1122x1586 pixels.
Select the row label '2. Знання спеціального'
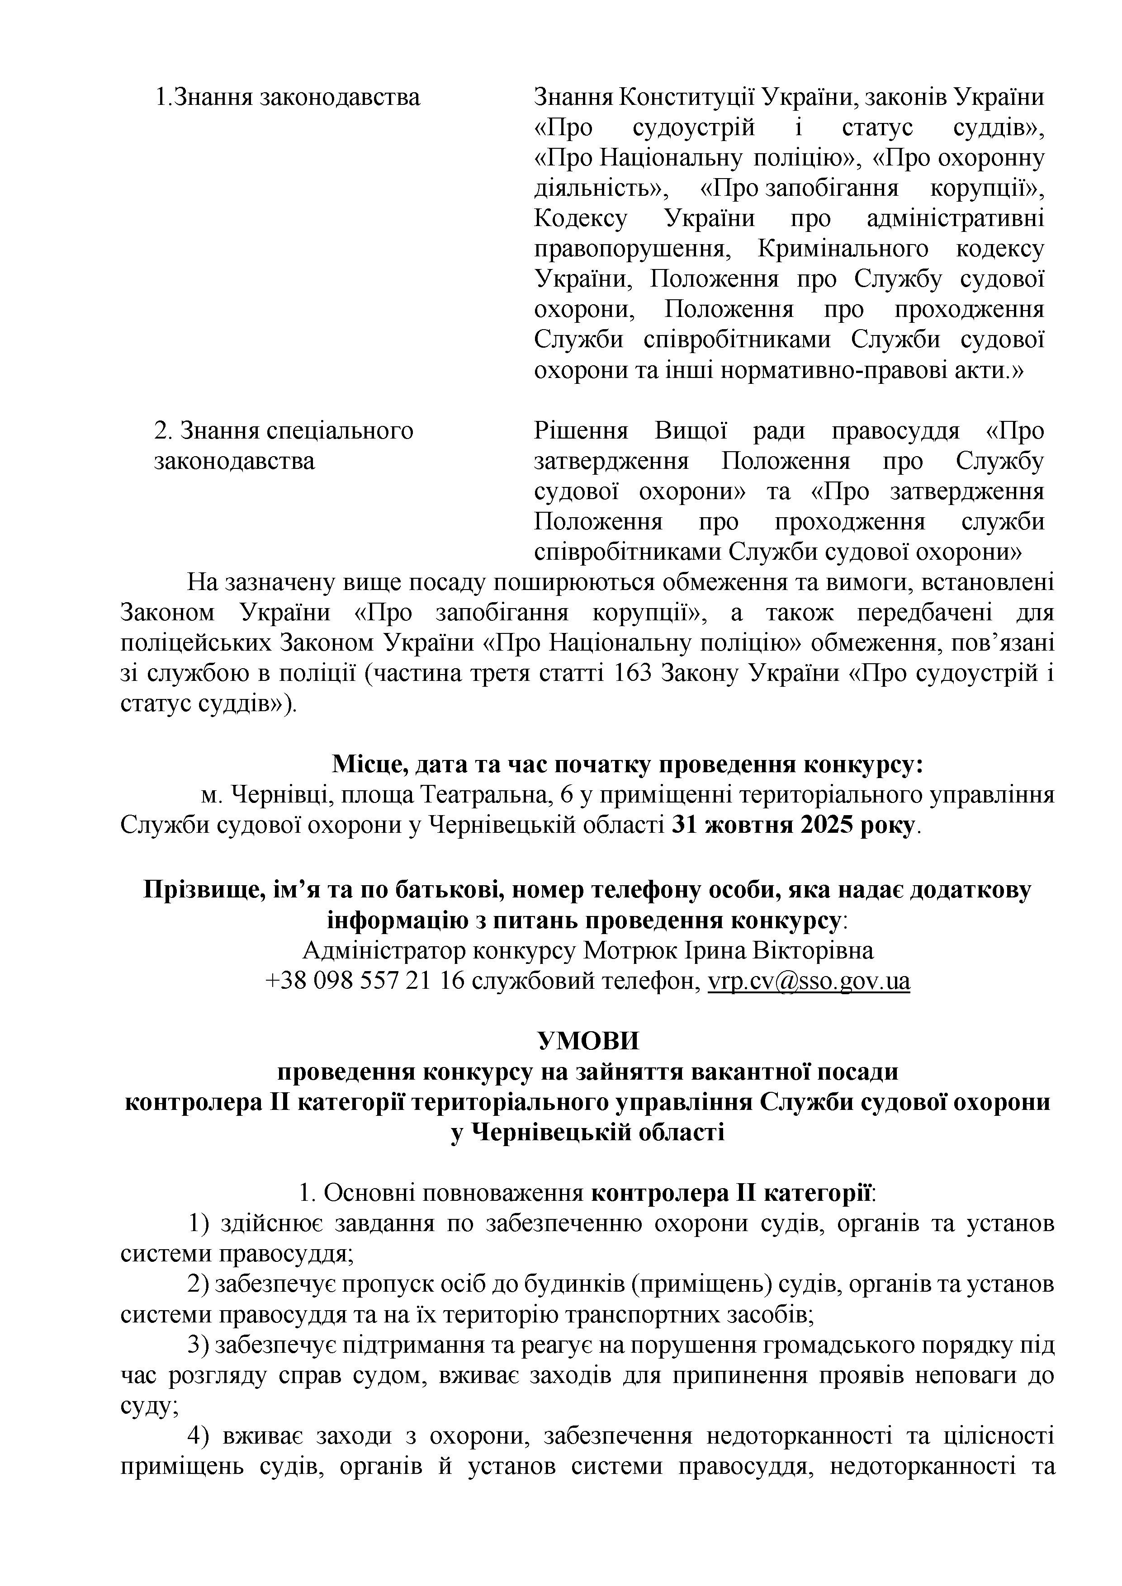[283, 431]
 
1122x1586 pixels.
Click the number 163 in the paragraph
[633, 674]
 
